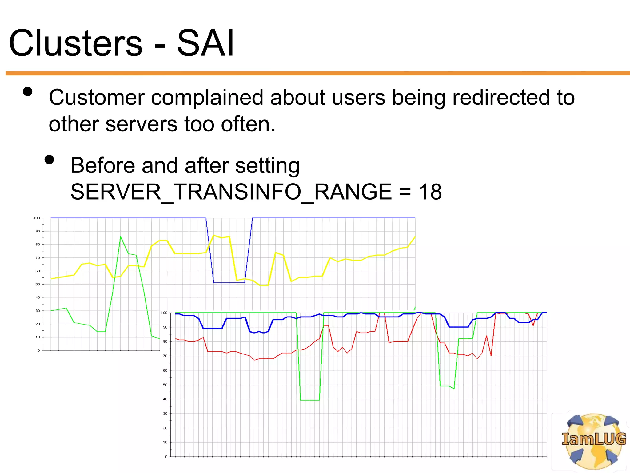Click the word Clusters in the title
coord(76,43)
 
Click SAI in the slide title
coord(205,43)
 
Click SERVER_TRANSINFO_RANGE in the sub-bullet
coord(231,192)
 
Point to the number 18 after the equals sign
coord(430,192)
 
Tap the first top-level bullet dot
coord(28,91)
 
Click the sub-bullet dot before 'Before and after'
coord(49,160)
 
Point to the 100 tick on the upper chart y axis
coord(37,218)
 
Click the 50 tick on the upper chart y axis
coord(38,284)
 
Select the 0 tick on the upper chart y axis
coord(38,350)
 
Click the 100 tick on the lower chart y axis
coord(164,313)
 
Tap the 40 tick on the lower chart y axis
coord(165,399)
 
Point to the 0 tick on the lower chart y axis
coord(166,457)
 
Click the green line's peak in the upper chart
coord(121,237)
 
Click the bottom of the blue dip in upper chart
coord(229,282)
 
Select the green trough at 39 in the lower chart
coord(310,400)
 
